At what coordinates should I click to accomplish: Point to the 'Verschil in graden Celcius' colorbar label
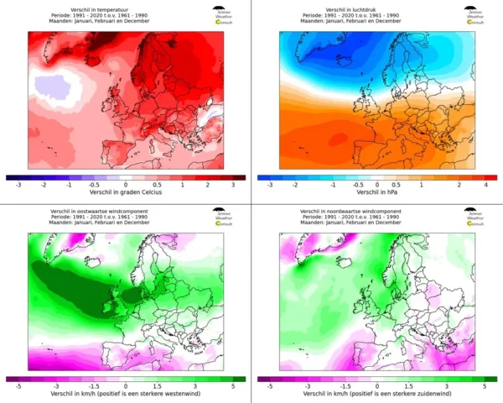125,192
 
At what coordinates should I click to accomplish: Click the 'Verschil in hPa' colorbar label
377,192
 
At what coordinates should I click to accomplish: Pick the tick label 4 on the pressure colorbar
485,185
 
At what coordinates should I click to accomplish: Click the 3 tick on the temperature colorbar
232,185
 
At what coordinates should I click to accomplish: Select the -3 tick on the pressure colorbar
270,185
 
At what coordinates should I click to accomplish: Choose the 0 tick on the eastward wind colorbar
125,386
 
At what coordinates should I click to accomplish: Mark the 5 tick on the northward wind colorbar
485,386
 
